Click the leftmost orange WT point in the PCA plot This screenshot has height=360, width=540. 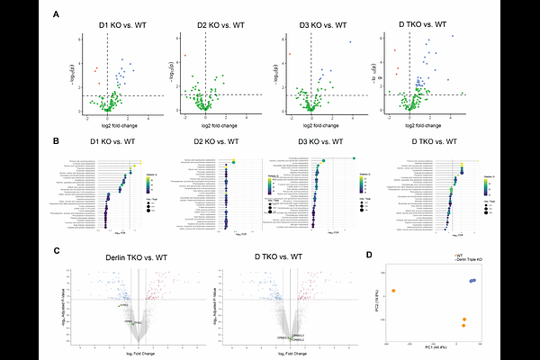tap(393, 290)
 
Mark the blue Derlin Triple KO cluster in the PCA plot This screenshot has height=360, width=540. tap(472, 281)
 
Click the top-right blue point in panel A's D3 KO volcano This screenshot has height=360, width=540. tap(351, 42)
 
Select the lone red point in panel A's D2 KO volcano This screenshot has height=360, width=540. tap(185, 56)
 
